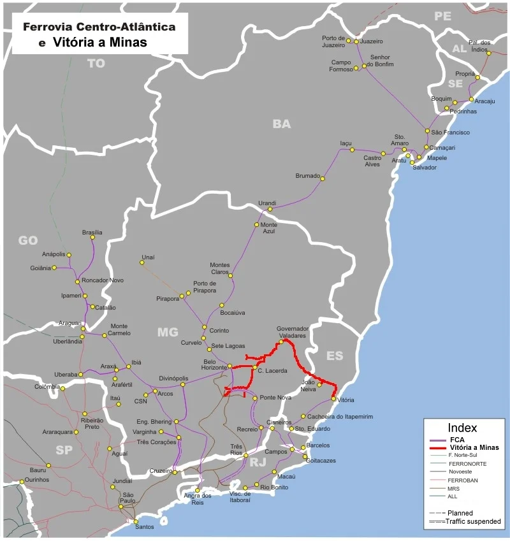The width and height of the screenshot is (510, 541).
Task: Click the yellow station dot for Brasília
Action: pyautogui.click(x=92, y=237)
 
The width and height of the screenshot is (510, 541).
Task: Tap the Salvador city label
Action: pyautogui.click(x=425, y=168)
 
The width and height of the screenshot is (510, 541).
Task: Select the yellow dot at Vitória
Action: pyautogui.click(x=333, y=400)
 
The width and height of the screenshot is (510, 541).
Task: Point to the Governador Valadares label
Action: pyautogui.click(x=292, y=332)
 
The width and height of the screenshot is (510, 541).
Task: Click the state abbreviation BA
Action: pyautogui.click(x=281, y=124)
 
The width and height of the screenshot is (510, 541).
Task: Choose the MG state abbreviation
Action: pyautogui.click(x=168, y=332)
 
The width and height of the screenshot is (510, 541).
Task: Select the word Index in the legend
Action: pyautogui.click(x=462, y=428)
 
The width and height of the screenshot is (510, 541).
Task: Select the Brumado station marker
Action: pyautogui.click(x=322, y=178)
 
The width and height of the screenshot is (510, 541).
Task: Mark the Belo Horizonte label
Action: pyautogui.click(x=214, y=364)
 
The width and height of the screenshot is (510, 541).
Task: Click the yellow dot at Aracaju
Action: pyautogui.click(x=471, y=100)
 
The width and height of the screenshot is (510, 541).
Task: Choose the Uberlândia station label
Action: pyautogui.click(x=68, y=342)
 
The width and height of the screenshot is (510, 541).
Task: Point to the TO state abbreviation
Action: pyautogui.click(x=96, y=63)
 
